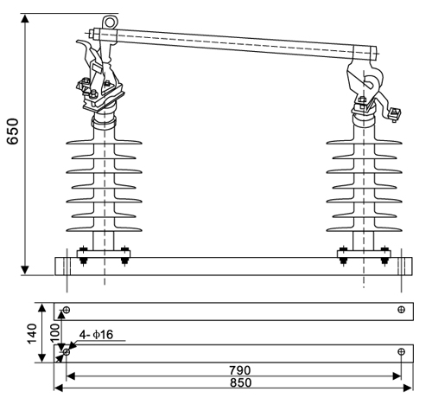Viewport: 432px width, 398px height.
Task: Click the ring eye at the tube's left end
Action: [x=108, y=21]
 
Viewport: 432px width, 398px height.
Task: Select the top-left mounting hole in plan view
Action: [x=67, y=310]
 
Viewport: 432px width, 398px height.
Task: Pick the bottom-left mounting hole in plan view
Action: [x=67, y=352]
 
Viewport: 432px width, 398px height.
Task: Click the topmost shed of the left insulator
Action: [x=105, y=139]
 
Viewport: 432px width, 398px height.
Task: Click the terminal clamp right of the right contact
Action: [x=395, y=112]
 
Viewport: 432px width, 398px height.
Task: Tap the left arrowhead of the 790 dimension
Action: [x=69, y=376]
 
